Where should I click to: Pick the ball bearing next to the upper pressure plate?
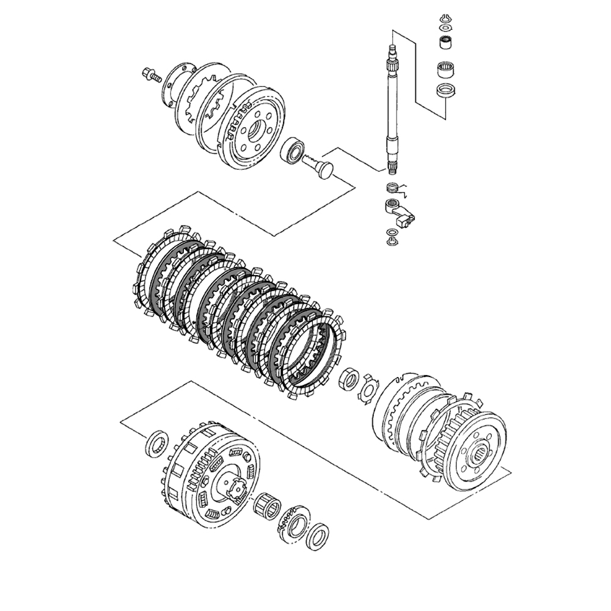tap(293, 150)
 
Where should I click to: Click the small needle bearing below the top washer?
tap(445, 43)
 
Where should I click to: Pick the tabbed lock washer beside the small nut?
tap(368, 387)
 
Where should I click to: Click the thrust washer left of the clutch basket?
tap(158, 444)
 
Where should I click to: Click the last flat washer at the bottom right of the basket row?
tap(316, 536)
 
